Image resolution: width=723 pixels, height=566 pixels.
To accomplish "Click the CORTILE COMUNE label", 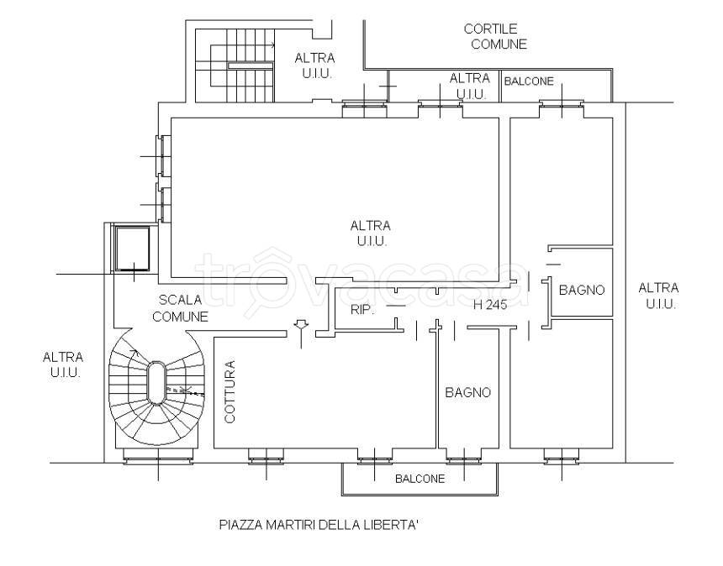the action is click(495, 36).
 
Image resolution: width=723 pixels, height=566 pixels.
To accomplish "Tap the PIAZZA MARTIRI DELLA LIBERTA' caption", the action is click(319, 525).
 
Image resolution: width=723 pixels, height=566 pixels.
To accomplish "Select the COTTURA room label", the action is click(230, 391).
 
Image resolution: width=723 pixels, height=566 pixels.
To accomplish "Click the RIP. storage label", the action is click(361, 310).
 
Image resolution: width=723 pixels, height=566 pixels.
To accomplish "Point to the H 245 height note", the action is click(490, 305).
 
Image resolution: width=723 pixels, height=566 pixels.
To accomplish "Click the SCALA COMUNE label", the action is click(180, 308).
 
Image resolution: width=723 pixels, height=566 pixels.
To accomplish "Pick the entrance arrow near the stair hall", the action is click(301, 333).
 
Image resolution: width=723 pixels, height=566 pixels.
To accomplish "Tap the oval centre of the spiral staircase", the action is click(156, 383).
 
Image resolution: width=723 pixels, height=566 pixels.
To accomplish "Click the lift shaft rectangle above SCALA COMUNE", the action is click(132, 249).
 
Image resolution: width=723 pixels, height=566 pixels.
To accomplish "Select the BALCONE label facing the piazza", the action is click(420, 479).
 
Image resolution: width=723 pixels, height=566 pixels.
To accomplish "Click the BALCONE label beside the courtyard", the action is click(529, 81).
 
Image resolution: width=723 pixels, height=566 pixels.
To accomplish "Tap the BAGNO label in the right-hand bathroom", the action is click(582, 290).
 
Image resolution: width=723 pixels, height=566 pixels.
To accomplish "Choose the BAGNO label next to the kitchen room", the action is click(467, 392).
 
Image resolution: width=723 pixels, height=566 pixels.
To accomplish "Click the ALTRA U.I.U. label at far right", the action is click(658, 296).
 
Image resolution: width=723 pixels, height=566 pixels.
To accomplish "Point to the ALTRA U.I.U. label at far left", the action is click(63, 364).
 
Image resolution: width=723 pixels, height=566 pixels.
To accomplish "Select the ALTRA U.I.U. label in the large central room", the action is click(371, 233).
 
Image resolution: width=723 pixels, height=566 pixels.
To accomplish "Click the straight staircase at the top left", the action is click(235, 65).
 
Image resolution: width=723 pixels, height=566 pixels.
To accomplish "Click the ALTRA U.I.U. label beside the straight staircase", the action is click(315, 66).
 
